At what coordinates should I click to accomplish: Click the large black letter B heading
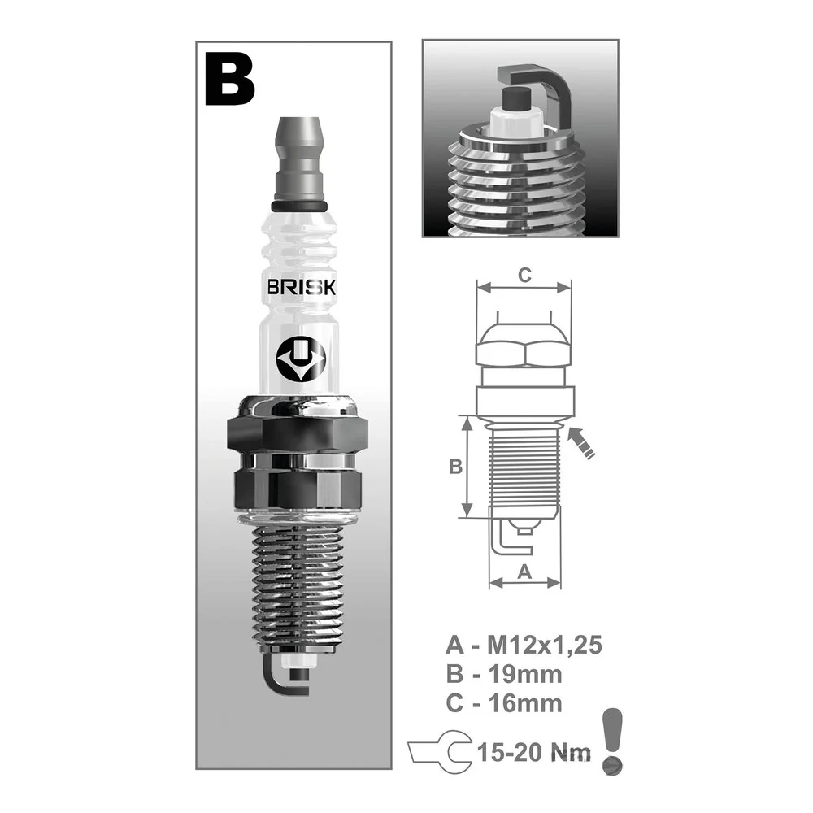(x=230, y=80)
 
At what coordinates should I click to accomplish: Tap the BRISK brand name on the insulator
(x=302, y=288)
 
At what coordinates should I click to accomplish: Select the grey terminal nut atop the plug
(x=299, y=159)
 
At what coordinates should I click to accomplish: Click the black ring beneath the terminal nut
(x=299, y=207)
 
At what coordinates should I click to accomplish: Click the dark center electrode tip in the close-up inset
(x=516, y=98)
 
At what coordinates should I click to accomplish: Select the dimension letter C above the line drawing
(x=524, y=275)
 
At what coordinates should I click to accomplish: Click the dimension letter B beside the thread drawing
(x=455, y=467)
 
